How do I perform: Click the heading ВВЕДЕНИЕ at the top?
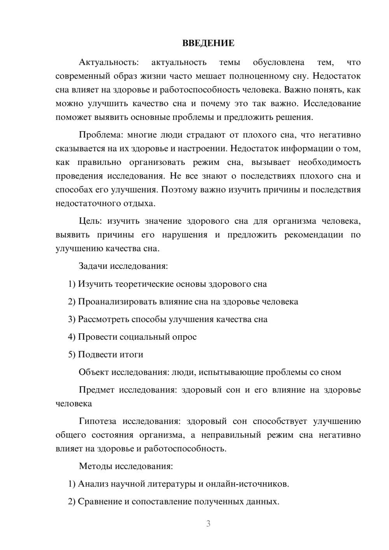click(208, 43)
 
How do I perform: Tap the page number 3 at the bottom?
click(208, 524)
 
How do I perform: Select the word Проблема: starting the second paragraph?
click(100, 135)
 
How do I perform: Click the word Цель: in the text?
click(90, 221)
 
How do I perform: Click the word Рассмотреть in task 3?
click(103, 319)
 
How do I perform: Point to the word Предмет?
click(96, 390)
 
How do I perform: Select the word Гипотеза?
click(98, 421)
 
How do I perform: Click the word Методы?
click(93, 466)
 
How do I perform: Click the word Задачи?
click(93, 266)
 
